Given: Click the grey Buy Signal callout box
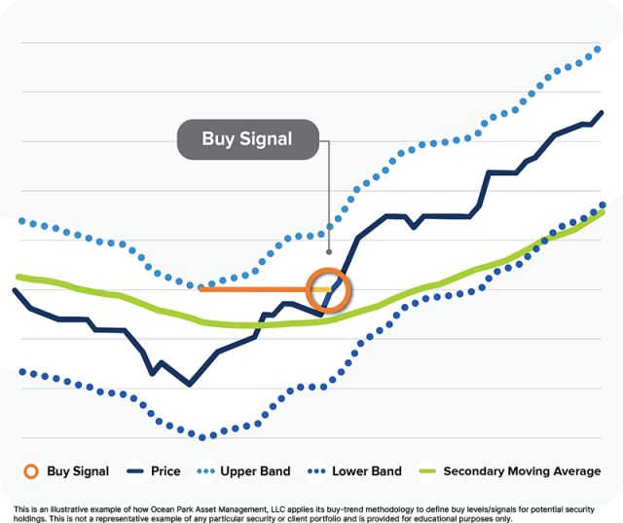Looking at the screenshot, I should [x=246, y=138].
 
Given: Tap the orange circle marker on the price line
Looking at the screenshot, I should [x=327, y=289].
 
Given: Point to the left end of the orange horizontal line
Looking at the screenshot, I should [x=201, y=288].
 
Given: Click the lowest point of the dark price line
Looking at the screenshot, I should [x=189, y=385].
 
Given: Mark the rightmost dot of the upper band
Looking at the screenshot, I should [x=599, y=49].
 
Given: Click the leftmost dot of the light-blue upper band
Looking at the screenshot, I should [x=21, y=221].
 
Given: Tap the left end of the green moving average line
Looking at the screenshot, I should [x=18, y=277].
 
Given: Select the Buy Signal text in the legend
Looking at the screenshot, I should [x=78, y=471].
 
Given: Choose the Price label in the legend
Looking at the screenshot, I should [x=165, y=471].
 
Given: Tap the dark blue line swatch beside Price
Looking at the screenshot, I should [x=134, y=471].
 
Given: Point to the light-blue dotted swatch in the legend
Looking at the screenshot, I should [x=210, y=471].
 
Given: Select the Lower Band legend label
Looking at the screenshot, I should [x=366, y=471].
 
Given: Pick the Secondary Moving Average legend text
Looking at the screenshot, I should [x=522, y=471].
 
